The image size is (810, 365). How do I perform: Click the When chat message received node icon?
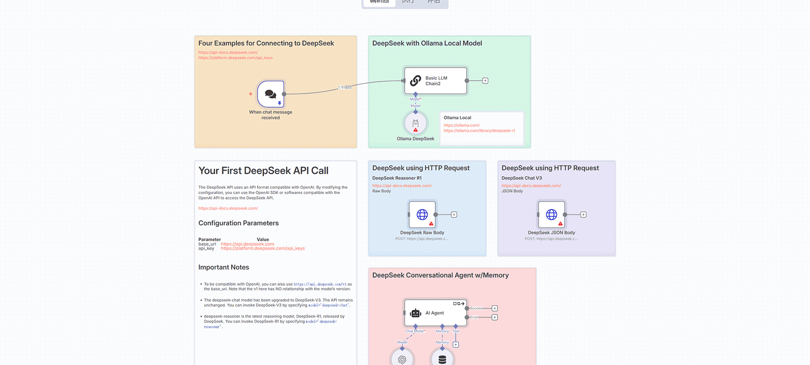click(x=271, y=94)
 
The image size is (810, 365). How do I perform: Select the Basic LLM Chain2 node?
click(x=435, y=81)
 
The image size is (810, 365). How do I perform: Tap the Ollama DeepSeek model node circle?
click(x=416, y=124)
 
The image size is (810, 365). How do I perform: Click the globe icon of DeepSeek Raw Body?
click(x=422, y=214)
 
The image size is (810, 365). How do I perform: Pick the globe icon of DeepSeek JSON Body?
click(x=552, y=214)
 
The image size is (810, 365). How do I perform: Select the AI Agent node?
click(x=435, y=313)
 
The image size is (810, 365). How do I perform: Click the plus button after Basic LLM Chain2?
click(x=485, y=81)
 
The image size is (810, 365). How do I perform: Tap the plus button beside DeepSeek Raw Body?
click(x=454, y=214)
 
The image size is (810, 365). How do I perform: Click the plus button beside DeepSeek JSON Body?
click(x=583, y=214)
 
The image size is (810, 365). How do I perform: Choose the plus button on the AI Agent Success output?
click(x=495, y=308)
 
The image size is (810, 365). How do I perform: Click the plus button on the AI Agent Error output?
click(x=495, y=317)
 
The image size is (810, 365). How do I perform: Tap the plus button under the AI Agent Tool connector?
click(x=456, y=345)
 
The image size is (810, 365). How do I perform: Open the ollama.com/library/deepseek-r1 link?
click(x=479, y=131)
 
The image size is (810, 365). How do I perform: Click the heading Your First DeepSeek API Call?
click(x=263, y=171)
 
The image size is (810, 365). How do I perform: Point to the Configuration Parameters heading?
click(x=238, y=223)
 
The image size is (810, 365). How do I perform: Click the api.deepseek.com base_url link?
click(x=247, y=244)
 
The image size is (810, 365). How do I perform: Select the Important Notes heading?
click(x=224, y=267)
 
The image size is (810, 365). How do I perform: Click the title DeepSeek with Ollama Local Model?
click(x=427, y=43)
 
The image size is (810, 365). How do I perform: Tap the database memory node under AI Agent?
click(x=442, y=359)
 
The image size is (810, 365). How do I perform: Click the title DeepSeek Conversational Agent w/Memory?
click(x=440, y=275)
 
